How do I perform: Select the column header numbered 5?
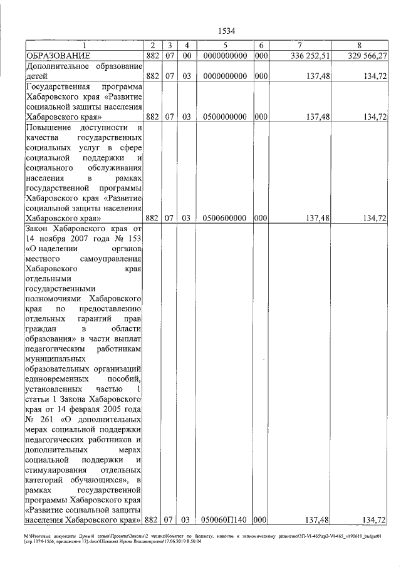pyautogui.click(x=225, y=46)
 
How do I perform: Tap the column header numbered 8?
pyautogui.click(x=359, y=46)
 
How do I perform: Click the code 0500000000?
pyautogui.click(x=225, y=117)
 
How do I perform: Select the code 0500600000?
pyautogui.click(x=225, y=218)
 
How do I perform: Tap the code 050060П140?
pyautogui.click(x=225, y=520)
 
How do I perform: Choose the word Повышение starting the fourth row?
pyautogui.click(x=48, y=128)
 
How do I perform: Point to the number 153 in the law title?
pyautogui.click(x=133, y=240)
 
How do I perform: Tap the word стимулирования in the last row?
pyautogui.click(x=57, y=469)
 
